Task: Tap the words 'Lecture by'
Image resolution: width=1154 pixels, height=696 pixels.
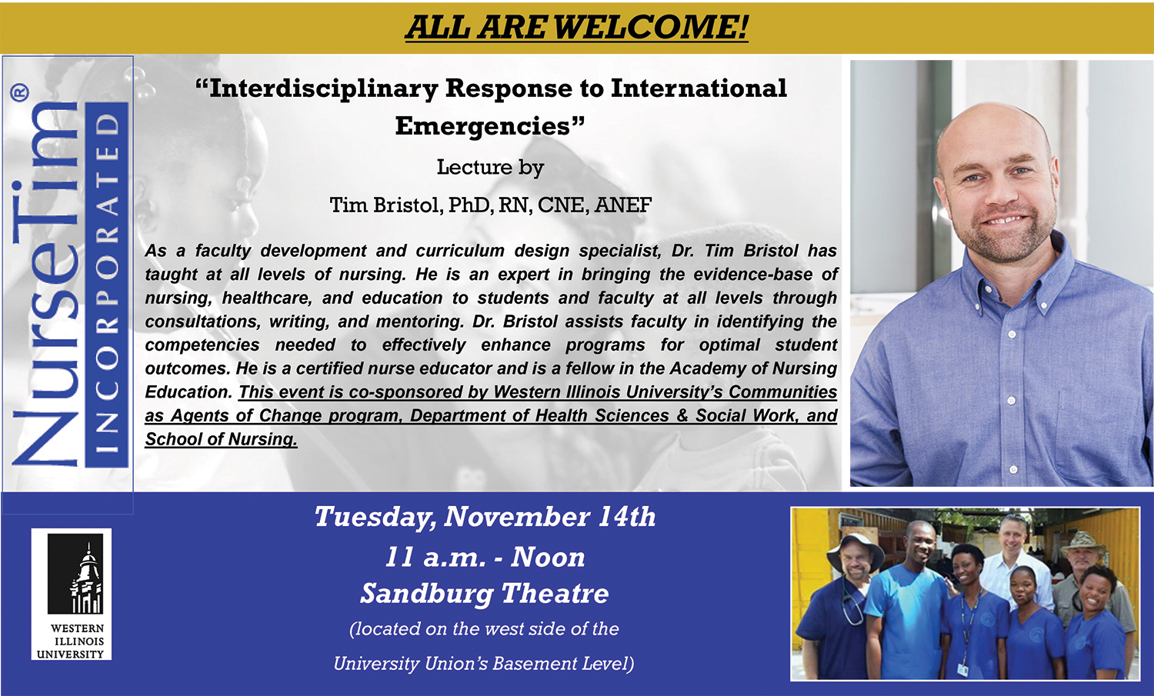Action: click(x=490, y=168)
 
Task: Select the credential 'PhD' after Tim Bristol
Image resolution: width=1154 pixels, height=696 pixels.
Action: click(x=469, y=205)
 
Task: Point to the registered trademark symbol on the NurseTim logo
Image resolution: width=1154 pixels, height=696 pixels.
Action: click(x=19, y=93)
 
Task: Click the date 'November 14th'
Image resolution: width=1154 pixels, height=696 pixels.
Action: click(x=550, y=517)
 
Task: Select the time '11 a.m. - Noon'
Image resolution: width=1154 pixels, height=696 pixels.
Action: click(x=485, y=558)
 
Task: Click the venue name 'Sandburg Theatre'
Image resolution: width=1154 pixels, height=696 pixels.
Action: click(x=485, y=594)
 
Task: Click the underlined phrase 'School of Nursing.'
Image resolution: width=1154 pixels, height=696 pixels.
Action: click(x=221, y=439)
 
